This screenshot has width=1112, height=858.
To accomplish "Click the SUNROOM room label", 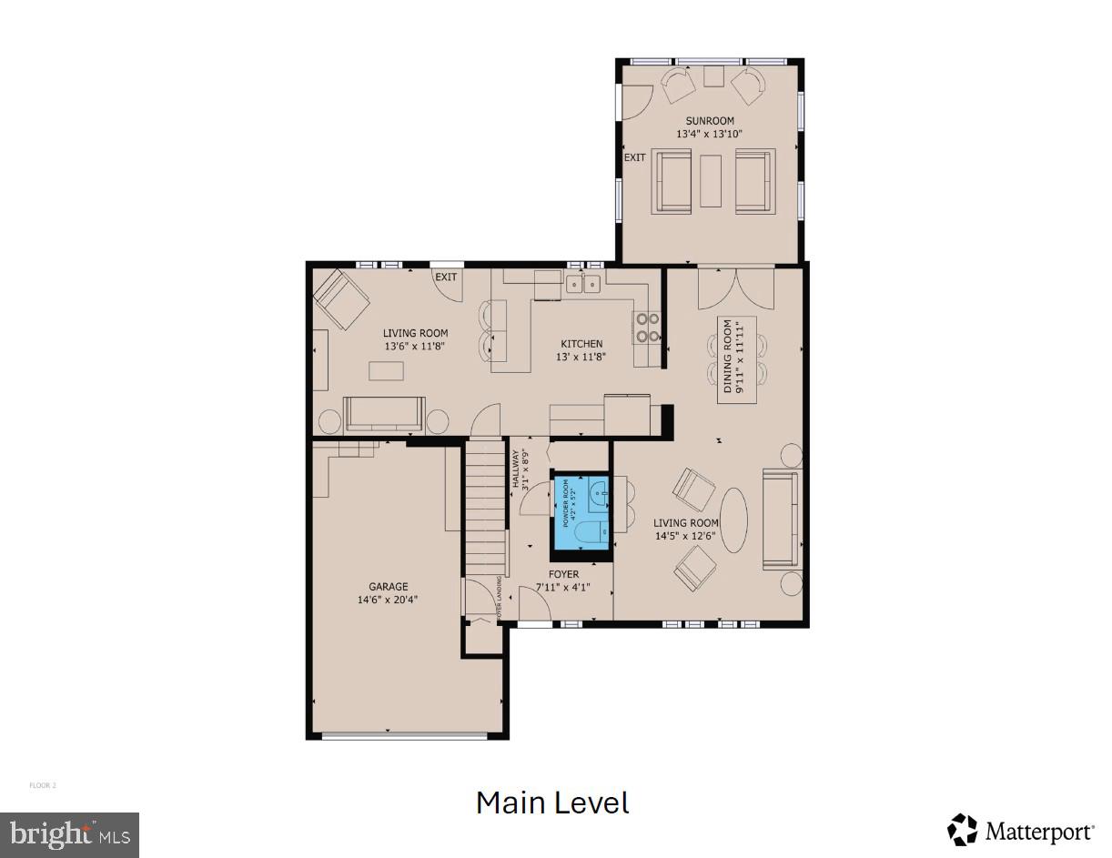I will [710, 120].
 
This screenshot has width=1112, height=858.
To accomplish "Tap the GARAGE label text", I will [388, 587].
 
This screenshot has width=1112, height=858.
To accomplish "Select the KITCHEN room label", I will [581, 344].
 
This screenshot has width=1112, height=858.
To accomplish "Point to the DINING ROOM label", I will [728, 359].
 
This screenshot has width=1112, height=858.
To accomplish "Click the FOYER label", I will [563, 575].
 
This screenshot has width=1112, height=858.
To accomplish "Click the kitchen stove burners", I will [647, 327].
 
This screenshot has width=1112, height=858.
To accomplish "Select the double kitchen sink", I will [582, 284].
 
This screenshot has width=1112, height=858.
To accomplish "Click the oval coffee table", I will [733, 520].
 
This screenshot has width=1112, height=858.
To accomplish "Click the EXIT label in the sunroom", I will [634, 157].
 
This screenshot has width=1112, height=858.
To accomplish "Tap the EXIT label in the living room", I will [446, 277].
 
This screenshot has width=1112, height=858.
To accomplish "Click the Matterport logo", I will [1021, 830].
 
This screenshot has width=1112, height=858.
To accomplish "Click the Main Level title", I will [552, 802].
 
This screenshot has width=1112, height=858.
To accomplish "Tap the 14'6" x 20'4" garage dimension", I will [388, 600].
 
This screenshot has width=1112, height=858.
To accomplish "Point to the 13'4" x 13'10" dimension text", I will [710, 134].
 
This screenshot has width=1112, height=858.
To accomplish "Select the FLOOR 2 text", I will [43, 785].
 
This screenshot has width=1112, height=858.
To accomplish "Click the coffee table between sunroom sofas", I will [711, 181].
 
